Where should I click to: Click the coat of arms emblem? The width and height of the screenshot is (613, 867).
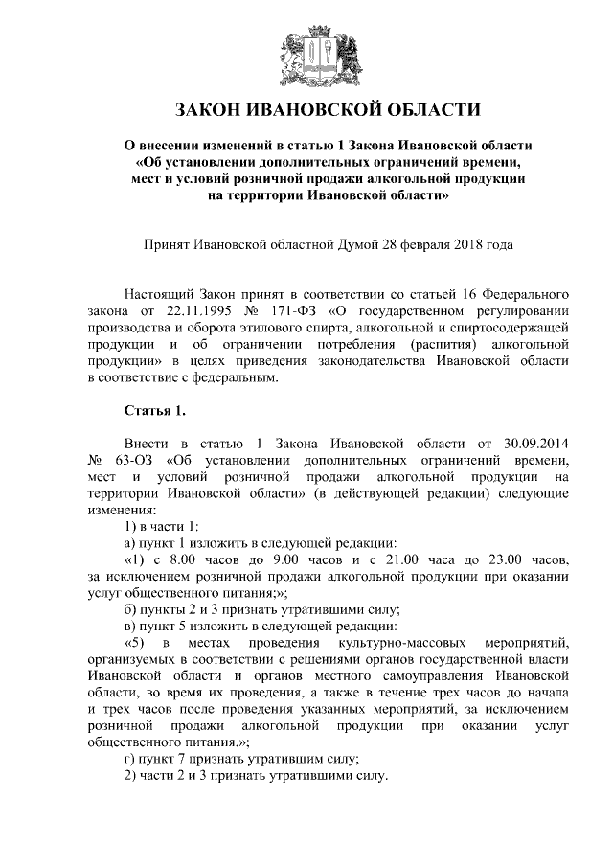pos(306,53)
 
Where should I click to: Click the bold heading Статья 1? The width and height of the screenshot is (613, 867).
pos(154,412)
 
